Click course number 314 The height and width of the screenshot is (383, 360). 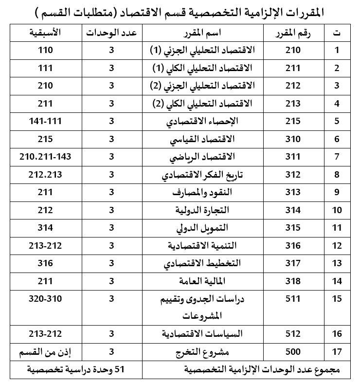(x=293, y=210)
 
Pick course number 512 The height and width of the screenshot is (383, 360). (x=293, y=334)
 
